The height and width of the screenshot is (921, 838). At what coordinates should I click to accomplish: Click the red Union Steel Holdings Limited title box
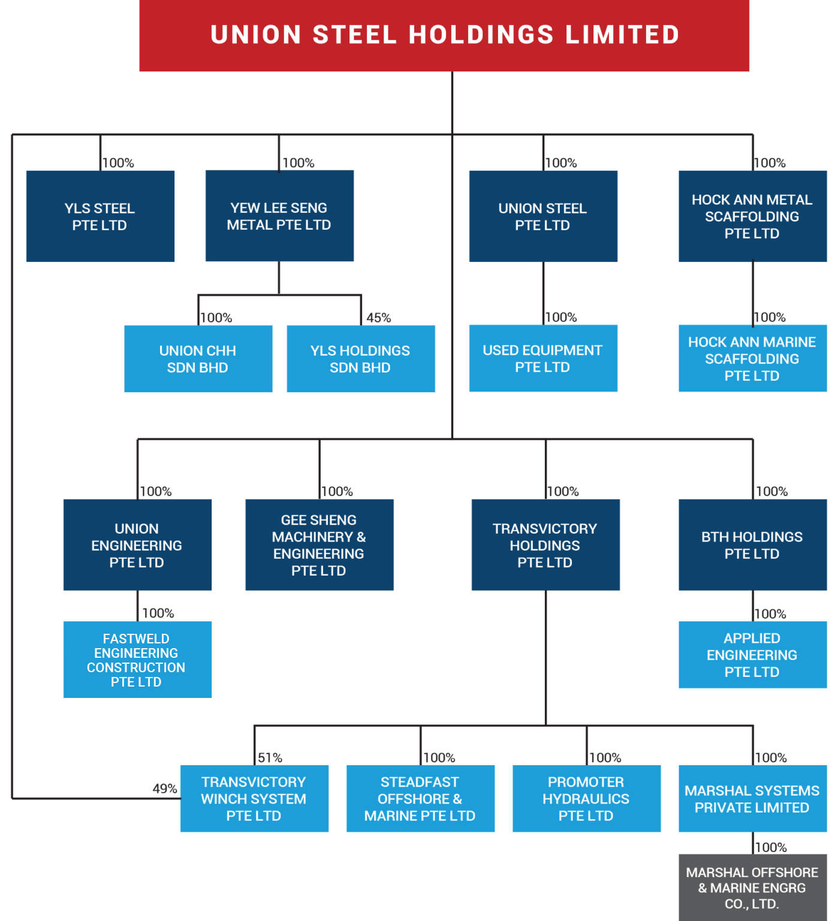444,35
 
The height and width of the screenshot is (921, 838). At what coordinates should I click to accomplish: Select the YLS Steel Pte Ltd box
100,216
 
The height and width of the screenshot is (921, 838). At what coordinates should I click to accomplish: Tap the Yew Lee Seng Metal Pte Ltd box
279,216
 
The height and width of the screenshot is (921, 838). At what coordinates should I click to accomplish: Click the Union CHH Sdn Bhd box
198,359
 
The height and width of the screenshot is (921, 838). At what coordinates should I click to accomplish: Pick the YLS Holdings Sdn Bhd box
361,359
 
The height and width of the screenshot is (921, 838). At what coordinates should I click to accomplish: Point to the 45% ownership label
378,317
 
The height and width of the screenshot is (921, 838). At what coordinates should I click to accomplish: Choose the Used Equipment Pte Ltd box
543,358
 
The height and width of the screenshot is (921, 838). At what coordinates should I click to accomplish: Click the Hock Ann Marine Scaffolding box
752,358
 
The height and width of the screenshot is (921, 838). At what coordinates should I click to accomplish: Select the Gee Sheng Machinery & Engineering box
319,544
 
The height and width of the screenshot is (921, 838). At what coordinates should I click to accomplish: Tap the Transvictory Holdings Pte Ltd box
545,544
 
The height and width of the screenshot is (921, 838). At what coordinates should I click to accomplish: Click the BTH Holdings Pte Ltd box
752,544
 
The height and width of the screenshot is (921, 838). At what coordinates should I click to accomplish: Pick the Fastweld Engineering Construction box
137,660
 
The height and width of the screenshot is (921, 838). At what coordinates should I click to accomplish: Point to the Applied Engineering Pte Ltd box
752,654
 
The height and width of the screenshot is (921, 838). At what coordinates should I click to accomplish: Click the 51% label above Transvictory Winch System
270,757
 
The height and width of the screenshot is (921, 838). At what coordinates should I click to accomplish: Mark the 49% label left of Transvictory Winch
164,788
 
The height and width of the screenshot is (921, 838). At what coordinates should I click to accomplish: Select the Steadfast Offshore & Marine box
420,798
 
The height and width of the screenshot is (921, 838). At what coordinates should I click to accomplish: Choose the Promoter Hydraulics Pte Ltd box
586,798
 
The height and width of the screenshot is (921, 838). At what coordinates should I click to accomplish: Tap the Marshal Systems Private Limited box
752,798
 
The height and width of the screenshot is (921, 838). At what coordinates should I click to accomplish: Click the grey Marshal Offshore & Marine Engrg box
752,887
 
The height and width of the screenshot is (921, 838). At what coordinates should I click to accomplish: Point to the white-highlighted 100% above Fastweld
156,612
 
